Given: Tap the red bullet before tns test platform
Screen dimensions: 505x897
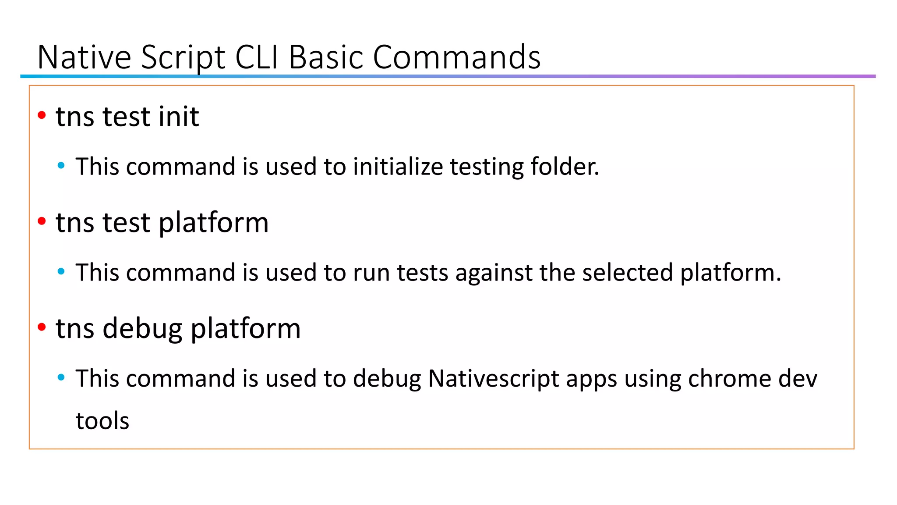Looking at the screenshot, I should pyautogui.click(x=42, y=221).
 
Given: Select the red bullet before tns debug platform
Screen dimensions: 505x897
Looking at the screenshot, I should pyautogui.click(x=42, y=327).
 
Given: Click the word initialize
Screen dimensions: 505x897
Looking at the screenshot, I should pyautogui.click(x=398, y=167).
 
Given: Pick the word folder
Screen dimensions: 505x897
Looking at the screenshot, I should pyautogui.click(x=565, y=167).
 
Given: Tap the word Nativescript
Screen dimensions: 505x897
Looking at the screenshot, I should pyautogui.click(x=494, y=379).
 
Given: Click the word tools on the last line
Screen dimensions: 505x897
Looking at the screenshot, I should pyautogui.click(x=102, y=421).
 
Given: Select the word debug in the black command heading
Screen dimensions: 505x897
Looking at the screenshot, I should pyautogui.click(x=142, y=329).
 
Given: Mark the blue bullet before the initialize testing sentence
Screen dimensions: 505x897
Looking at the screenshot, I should pyautogui.click(x=61, y=166).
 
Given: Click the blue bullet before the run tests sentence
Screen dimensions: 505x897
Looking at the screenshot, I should pyautogui.click(x=61, y=272).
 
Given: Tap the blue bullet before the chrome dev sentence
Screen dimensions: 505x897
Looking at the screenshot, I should pyautogui.click(x=61, y=377).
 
